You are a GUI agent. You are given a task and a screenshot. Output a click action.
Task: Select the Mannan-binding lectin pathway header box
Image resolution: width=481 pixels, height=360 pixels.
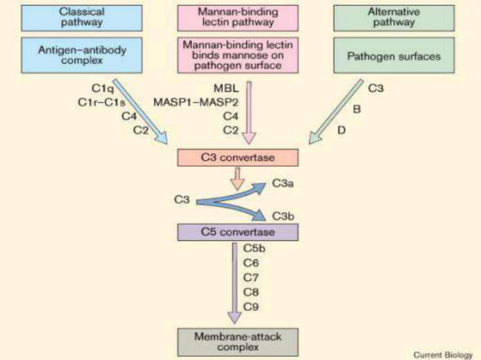click(238, 17)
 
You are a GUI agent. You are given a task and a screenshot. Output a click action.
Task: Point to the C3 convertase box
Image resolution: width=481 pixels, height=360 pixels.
click(238, 157)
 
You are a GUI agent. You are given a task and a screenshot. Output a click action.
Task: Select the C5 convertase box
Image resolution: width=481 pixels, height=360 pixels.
click(238, 231)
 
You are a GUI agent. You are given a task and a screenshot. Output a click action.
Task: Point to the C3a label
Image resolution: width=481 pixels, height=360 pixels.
click(283, 183)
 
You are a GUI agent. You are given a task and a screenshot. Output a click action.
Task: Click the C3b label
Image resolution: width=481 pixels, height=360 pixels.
click(283, 216)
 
